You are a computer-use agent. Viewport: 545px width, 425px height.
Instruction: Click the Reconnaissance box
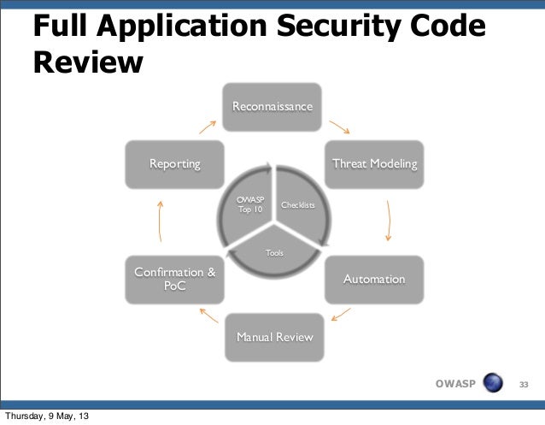[272, 106]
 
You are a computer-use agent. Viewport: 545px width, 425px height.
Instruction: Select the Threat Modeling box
[374, 163]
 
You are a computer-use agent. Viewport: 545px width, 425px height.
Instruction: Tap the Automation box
[373, 280]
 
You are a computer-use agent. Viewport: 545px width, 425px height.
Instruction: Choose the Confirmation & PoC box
[174, 280]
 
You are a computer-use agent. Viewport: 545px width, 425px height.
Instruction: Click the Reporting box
[174, 163]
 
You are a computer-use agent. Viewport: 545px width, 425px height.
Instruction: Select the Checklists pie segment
[296, 209]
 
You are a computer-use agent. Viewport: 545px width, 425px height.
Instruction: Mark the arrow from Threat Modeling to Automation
[389, 221]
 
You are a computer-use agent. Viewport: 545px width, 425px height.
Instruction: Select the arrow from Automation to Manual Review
[339, 315]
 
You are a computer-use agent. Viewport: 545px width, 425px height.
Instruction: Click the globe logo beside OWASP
[493, 382]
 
